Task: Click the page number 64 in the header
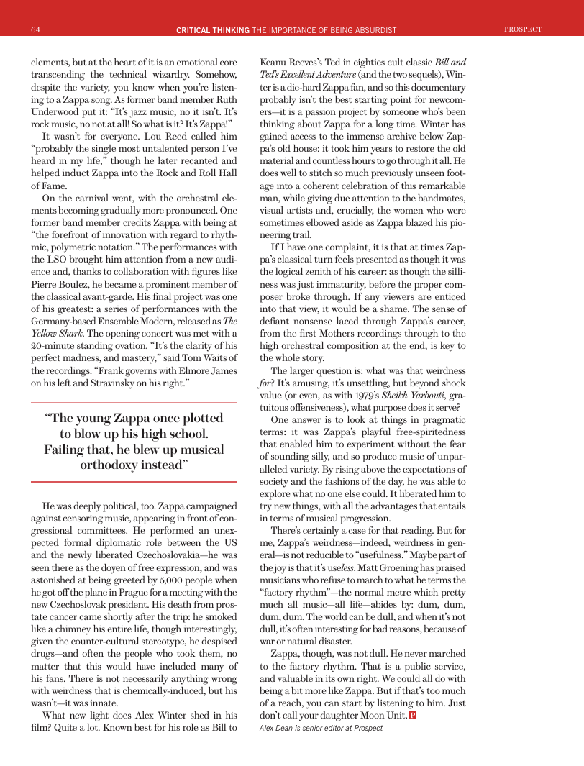35,29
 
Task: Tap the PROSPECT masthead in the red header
523,29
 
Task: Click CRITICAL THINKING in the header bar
213,29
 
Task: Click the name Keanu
275,63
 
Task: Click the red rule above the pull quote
134,402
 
